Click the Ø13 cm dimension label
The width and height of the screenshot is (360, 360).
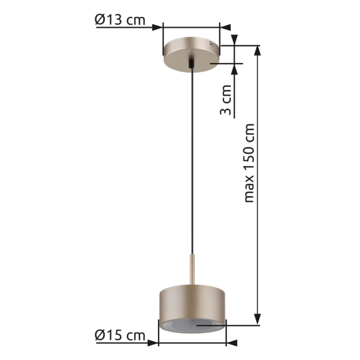[120, 20]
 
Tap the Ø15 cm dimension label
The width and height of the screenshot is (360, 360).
[120, 335]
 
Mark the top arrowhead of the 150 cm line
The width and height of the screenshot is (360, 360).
[258, 50]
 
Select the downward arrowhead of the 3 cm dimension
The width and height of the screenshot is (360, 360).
[236, 40]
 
